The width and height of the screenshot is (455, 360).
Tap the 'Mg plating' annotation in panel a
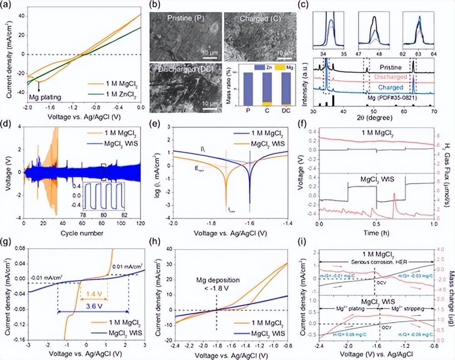45,96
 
